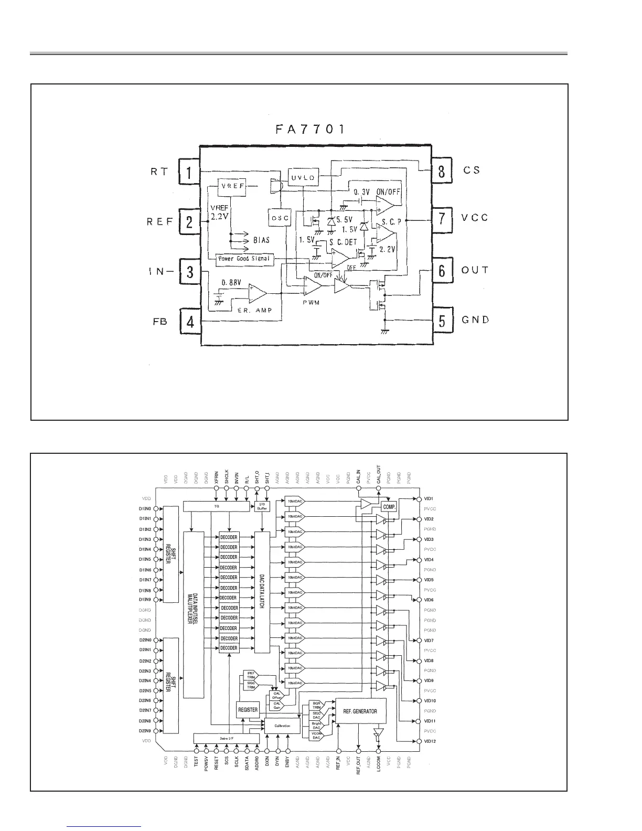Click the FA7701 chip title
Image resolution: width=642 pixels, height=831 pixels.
(x=310, y=129)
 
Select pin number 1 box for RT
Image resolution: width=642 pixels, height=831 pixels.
(x=189, y=171)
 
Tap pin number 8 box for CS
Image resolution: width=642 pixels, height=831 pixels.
(x=442, y=171)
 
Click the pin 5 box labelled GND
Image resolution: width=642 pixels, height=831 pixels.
(x=442, y=320)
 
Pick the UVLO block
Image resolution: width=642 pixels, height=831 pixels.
(x=303, y=177)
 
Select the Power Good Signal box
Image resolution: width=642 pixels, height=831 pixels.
(x=244, y=259)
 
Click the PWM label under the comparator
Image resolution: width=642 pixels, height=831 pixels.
(x=312, y=303)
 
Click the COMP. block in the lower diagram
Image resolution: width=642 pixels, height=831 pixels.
(x=389, y=507)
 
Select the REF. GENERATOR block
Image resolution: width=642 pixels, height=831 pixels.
(x=360, y=711)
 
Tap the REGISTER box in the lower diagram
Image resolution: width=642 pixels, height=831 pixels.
(x=248, y=710)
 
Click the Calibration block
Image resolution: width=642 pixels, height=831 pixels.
(x=284, y=726)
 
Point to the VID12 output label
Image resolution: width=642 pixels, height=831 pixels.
(x=430, y=741)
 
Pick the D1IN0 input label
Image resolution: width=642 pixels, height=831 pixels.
(x=145, y=509)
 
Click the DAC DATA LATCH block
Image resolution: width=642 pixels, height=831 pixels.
(x=262, y=592)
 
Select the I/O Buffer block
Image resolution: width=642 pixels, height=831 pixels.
(x=262, y=506)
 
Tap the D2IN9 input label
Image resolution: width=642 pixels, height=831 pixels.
(x=145, y=731)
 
